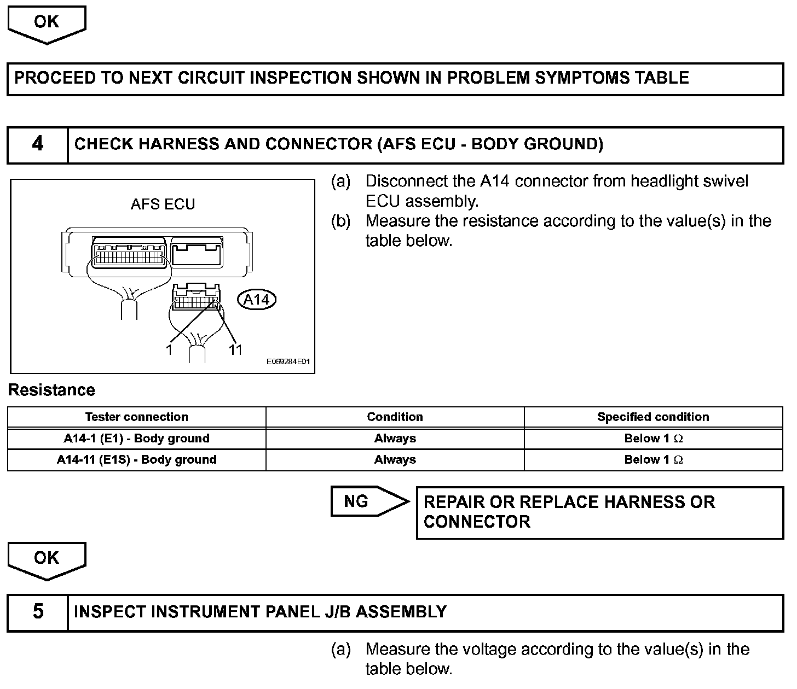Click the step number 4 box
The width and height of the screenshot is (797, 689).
coord(37,144)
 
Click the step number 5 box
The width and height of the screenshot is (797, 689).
coord(37,612)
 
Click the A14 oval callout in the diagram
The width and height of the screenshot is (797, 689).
coord(257,300)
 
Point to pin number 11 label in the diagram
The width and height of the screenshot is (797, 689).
coord(235,349)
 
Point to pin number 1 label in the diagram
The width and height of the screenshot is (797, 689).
coord(169,349)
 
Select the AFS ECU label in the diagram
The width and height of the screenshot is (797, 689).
coord(163,205)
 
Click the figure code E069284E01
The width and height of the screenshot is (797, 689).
coord(288,362)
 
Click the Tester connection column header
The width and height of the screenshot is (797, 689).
coord(136,417)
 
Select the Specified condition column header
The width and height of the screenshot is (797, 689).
coord(653,417)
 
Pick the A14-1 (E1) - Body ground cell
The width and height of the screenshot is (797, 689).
coord(136,439)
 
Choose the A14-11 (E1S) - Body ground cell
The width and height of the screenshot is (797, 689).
coord(136,460)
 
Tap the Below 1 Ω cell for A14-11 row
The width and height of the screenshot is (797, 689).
coord(653,460)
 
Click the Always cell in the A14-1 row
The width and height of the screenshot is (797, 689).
coord(395,439)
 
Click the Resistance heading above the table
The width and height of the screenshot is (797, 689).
coord(51,390)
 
